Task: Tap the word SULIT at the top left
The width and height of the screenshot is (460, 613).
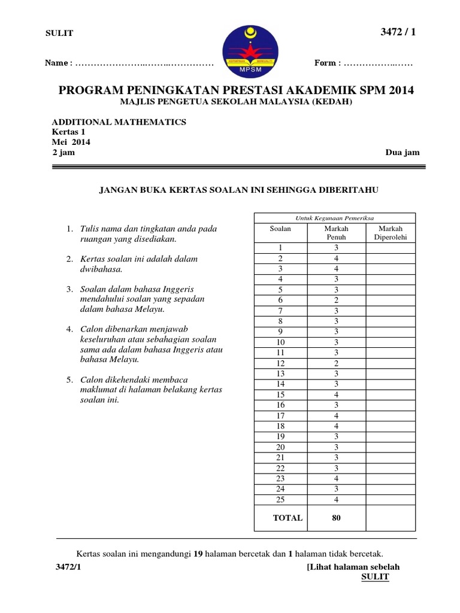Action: click(x=60, y=34)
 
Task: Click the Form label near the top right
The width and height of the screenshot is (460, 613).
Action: click(x=326, y=63)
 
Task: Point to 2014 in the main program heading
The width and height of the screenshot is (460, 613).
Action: click(x=397, y=90)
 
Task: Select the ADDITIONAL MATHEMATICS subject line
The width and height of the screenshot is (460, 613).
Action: click(x=119, y=122)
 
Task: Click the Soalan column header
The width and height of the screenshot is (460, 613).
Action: click(x=280, y=229)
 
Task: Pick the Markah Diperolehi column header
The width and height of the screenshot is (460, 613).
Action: click(x=390, y=232)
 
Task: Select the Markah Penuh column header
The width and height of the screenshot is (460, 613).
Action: click(x=336, y=232)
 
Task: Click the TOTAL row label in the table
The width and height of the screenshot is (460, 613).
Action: click(x=287, y=518)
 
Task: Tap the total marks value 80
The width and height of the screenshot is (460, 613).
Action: click(x=336, y=518)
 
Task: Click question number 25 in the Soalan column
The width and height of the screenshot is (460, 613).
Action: click(x=280, y=499)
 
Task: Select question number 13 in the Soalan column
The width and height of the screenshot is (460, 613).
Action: click(x=280, y=374)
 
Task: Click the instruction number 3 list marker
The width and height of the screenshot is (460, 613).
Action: click(x=69, y=289)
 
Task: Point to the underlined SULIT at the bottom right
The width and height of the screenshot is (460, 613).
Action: click(x=376, y=576)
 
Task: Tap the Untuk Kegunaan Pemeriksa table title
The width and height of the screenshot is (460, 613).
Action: click(x=335, y=218)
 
